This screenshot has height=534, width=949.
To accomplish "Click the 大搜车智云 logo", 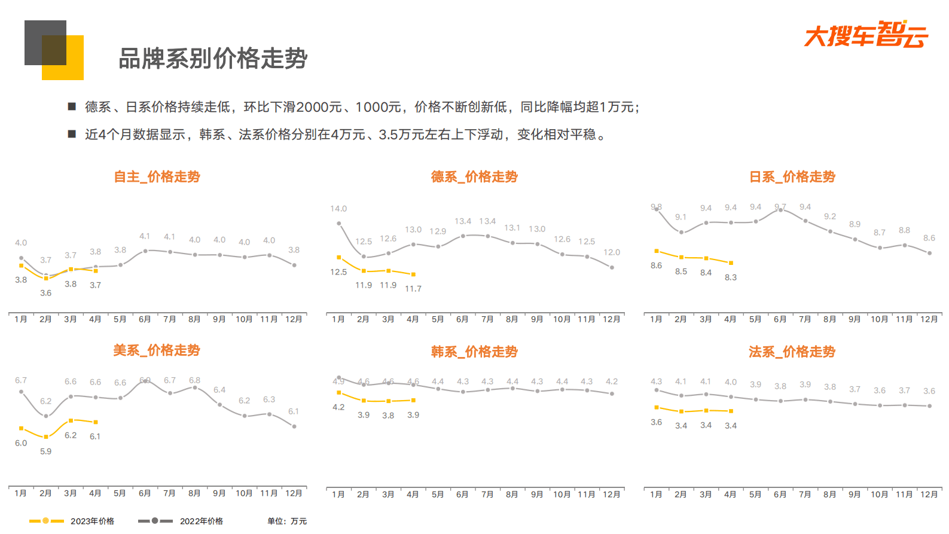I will (x=866, y=35).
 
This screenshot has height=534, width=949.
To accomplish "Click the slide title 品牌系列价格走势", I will (x=213, y=59).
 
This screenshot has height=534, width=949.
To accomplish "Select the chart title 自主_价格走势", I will (x=157, y=177).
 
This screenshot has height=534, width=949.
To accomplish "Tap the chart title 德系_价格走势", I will (x=474, y=177).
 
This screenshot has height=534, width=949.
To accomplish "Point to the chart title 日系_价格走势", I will (x=792, y=177).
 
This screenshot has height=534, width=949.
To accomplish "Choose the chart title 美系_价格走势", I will (x=157, y=350).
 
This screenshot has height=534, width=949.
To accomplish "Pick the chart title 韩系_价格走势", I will (x=474, y=352).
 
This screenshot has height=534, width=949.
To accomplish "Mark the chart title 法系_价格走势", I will (x=792, y=352).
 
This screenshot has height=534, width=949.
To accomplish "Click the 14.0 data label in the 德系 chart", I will (x=338, y=209).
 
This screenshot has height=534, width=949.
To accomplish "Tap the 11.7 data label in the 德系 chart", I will (x=413, y=289).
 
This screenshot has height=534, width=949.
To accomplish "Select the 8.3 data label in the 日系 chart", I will (x=731, y=277).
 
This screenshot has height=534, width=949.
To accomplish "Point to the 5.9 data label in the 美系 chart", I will (x=46, y=451).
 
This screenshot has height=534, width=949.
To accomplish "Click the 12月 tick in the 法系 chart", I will (x=929, y=495).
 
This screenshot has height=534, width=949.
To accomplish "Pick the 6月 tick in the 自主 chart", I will (x=145, y=319).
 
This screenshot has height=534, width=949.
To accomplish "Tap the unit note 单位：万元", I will (x=287, y=521).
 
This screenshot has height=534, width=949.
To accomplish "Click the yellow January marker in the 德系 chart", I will (x=339, y=258).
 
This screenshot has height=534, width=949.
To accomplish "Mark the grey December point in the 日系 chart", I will (x=929, y=253).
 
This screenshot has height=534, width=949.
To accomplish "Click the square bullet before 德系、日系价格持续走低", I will (x=72, y=106).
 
